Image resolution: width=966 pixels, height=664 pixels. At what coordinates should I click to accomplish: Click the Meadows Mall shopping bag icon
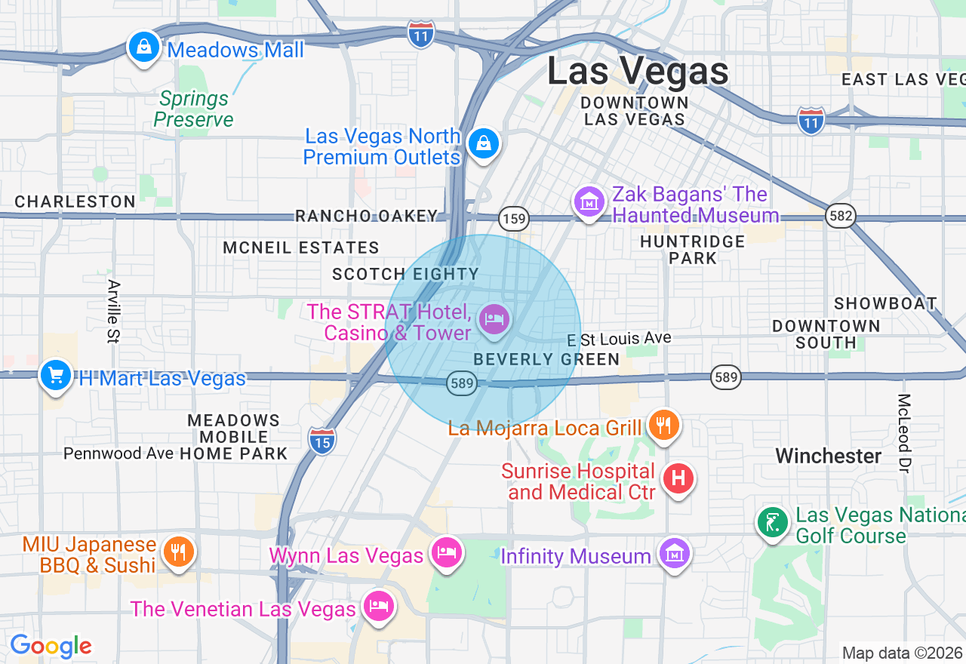point(143,48)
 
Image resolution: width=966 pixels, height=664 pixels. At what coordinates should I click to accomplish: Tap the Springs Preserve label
point(194,109)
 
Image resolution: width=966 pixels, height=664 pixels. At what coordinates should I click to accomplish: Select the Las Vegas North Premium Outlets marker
point(483,143)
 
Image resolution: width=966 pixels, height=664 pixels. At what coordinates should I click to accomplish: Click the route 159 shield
point(514,220)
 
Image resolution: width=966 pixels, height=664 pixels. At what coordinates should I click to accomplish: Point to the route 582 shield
point(840,217)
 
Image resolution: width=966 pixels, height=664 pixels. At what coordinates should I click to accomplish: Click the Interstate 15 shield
point(322,441)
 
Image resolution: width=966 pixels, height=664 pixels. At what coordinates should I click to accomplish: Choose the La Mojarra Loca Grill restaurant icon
point(663,426)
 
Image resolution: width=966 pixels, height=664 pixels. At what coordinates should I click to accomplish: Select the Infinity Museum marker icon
point(673,555)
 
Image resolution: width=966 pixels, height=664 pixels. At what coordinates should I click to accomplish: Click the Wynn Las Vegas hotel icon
point(447,553)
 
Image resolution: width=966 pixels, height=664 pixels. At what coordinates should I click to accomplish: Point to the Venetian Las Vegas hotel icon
point(378,607)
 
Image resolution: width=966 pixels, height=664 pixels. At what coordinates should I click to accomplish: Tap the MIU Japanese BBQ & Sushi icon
point(178,552)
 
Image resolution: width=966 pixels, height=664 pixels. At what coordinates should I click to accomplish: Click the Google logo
point(51,647)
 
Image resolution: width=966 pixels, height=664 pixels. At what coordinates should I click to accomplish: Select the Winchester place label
point(829,456)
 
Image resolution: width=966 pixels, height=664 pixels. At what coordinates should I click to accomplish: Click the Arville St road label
point(114,311)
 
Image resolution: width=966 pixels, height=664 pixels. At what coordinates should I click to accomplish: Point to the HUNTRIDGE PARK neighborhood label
point(692,249)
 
